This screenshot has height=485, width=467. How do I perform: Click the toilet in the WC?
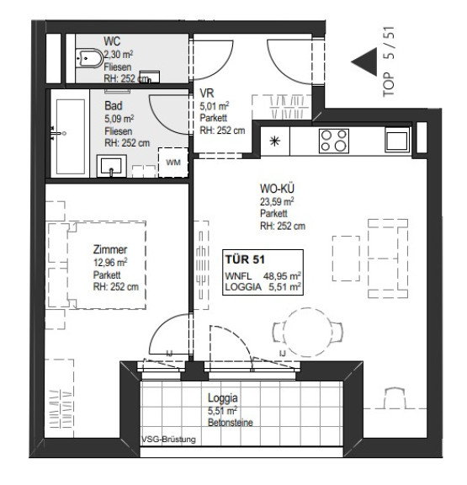click(90, 58)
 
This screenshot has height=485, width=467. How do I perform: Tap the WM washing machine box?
click(173, 163)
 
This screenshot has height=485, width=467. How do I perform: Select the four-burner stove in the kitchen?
click(334, 141)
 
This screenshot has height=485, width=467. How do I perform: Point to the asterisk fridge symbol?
click(275, 141)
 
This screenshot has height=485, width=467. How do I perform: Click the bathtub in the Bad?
click(71, 136)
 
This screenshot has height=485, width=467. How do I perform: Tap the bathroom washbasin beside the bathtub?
click(112, 166)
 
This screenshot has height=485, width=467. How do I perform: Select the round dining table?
click(307, 333)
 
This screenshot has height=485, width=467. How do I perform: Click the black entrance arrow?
click(364, 61)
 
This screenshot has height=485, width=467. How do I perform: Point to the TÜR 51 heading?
click(245, 259)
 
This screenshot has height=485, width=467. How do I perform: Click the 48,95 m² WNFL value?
click(282, 275)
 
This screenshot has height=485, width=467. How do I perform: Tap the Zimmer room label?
click(110, 249)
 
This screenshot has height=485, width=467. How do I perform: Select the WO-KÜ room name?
click(277, 189)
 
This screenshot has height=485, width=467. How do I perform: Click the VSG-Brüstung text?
click(169, 440)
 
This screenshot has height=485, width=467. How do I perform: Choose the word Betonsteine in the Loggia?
click(231, 422)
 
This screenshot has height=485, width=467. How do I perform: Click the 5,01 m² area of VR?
click(215, 106)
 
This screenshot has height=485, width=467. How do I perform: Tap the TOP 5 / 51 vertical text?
click(389, 61)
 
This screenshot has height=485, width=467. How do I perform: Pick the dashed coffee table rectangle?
click(346, 258)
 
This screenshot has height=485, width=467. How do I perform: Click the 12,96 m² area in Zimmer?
click(110, 263)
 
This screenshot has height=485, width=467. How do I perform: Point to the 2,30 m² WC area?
click(119, 55)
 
